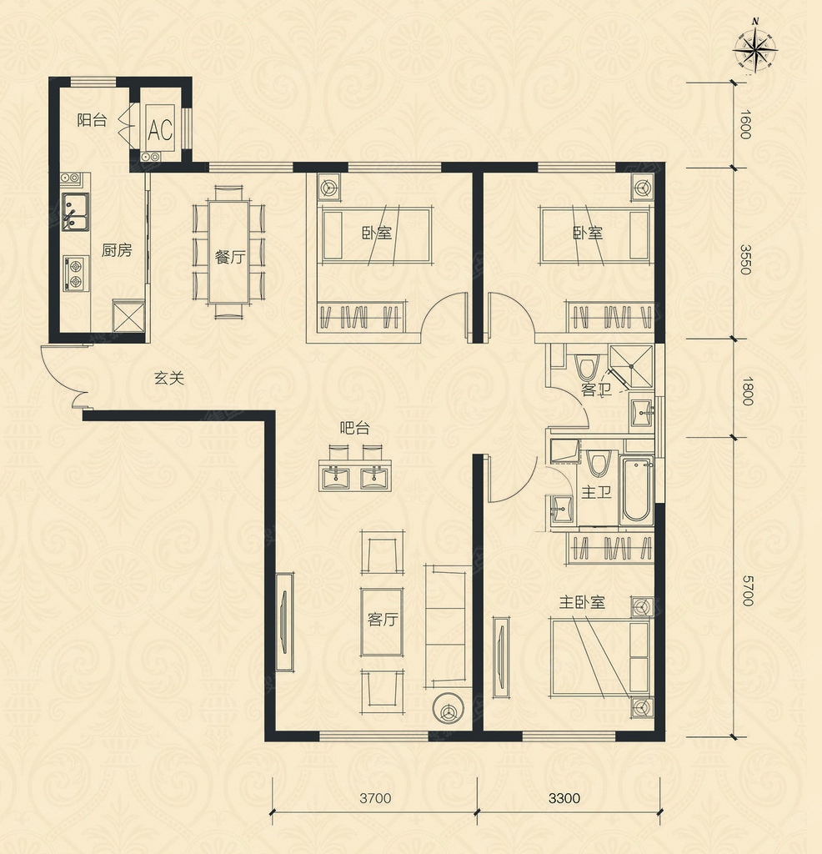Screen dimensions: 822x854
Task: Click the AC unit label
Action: (161, 129)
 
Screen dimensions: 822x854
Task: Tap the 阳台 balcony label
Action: (92, 120)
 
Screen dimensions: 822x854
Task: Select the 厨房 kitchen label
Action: (117, 250)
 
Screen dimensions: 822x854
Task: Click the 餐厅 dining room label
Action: (230, 257)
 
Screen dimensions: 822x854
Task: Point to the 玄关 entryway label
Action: (168, 378)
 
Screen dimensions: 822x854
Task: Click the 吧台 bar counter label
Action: (354, 428)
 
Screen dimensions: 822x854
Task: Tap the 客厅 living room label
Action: (382, 620)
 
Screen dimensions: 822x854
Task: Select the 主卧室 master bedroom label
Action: (582, 602)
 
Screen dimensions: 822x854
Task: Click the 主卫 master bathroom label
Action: (596, 492)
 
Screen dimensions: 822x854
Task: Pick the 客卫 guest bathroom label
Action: (596, 389)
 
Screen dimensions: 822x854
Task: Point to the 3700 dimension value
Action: (375, 798)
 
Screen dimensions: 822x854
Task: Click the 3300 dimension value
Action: (564, 798)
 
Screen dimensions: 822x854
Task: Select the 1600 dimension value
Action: (746, 125)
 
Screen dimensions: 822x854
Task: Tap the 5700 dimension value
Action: (747, 590)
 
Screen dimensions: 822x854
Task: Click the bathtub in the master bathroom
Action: (636, 490)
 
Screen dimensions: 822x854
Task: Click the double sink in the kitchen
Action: (76, 211)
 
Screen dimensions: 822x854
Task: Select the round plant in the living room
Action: (449, 708)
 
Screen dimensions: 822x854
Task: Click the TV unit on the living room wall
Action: (285, 621)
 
